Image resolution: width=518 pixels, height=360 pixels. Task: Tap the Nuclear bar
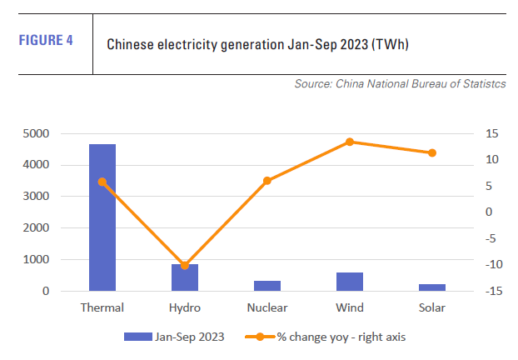pos(267,286)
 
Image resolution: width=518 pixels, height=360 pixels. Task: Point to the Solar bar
pos(432,287)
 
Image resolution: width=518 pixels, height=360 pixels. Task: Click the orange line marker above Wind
pos(350,142)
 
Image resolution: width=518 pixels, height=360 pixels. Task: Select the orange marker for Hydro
pos(185,266)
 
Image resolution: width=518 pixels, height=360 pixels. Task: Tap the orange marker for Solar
pos(432,152)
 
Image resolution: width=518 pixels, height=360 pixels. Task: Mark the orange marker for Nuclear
pos(267,180)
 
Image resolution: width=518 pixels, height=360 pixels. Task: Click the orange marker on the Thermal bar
pos(102,182)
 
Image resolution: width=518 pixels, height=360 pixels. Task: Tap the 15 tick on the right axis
pos(492,133)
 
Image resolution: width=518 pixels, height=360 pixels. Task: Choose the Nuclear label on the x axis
pos(267,307)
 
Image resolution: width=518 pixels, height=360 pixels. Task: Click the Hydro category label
pos(185,307)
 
